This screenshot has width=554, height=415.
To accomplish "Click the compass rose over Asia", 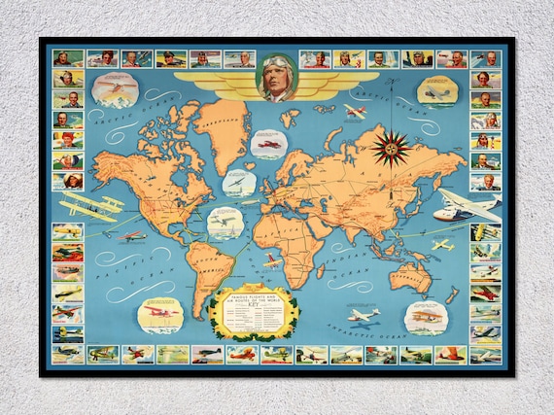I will (390, 147).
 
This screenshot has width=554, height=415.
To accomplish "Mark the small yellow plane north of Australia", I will (442, 244).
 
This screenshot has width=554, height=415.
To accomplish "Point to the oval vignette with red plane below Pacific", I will (159, 315).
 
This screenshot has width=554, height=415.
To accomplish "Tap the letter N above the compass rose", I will (390, 121).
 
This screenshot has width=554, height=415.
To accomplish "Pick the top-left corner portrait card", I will (67, 59).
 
